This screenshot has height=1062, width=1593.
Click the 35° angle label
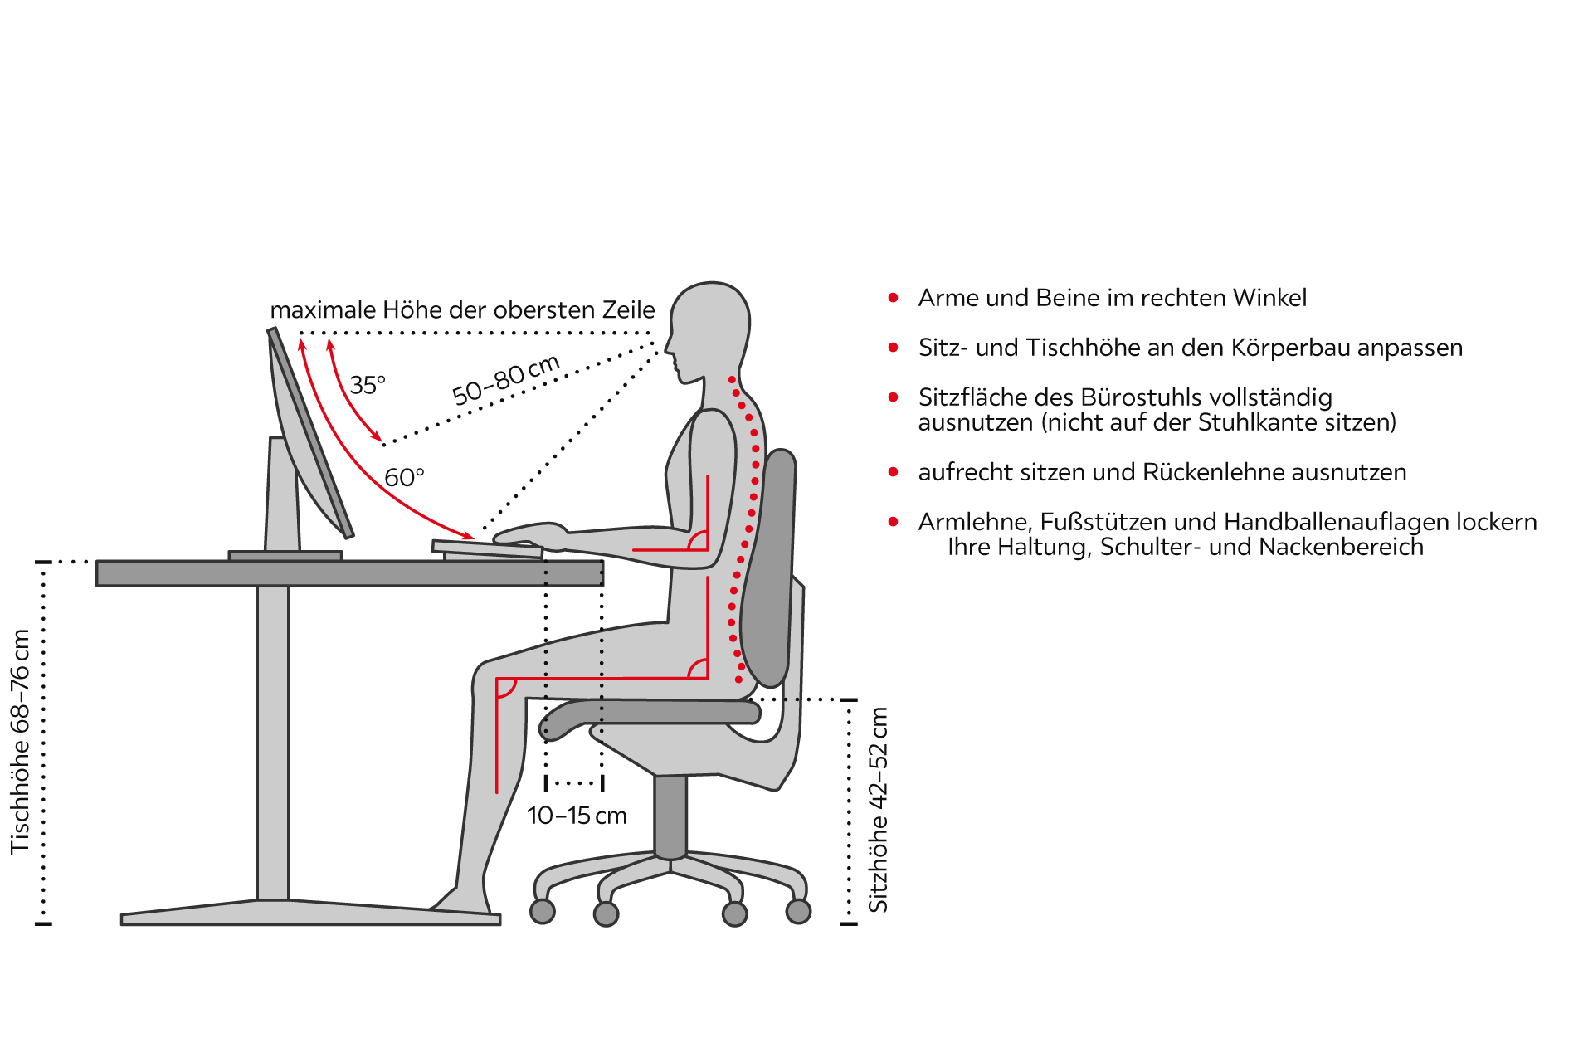pos(368,385)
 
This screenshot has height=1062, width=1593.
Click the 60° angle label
pos(404,478)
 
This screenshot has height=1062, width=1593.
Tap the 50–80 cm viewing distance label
pos(506,380)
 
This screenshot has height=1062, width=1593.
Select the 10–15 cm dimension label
pos(577,816)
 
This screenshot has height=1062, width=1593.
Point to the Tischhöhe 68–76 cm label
pos(20,742)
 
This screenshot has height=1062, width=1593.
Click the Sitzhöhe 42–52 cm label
pos(878,810)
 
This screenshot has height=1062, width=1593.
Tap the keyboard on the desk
pos(487,548)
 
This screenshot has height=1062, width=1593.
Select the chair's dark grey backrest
pos(769,568)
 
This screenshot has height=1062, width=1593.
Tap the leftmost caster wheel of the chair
pos(543,911)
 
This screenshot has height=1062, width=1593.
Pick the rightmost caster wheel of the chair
pos(798,911)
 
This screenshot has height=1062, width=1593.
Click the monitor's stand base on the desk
pos(285,556)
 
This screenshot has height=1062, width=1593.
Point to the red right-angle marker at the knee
pos(506,687)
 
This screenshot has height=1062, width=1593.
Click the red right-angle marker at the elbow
pos(698,540)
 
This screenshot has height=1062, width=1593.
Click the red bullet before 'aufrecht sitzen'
pos(894,472)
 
